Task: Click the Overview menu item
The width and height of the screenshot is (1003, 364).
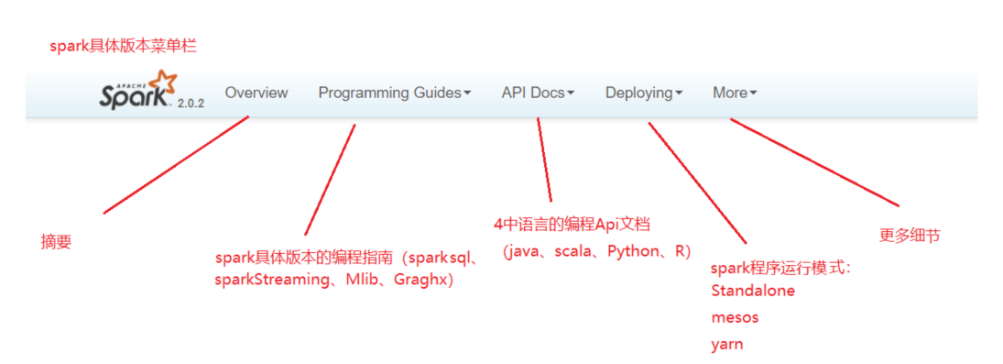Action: point(256,93)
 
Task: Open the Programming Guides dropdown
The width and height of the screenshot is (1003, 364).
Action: point(395,93)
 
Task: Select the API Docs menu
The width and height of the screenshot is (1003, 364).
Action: point(538,93)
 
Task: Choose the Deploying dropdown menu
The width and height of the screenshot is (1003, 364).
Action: point(644,93)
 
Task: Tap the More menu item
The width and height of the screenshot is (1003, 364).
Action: point(735,93)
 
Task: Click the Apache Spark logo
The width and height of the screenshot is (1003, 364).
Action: point(136,90)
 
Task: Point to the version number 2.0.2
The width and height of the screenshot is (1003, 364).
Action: point(190,103)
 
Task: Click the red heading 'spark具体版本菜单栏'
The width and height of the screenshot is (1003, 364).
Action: point(123,46)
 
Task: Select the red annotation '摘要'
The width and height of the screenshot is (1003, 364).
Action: point(56,242)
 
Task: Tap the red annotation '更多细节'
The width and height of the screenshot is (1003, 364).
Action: point(910,236)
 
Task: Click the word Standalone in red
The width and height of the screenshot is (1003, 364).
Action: point(753,291)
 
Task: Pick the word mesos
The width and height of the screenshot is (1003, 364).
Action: point(735,317)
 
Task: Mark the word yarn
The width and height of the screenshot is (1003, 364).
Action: point(726,345)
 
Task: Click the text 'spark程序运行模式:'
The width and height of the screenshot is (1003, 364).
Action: point(781,269)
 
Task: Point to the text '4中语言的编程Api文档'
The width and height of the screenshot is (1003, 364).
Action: point(572,224)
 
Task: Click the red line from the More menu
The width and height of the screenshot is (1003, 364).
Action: point(815,162)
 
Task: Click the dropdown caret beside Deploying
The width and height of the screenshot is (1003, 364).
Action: point(679,94)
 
